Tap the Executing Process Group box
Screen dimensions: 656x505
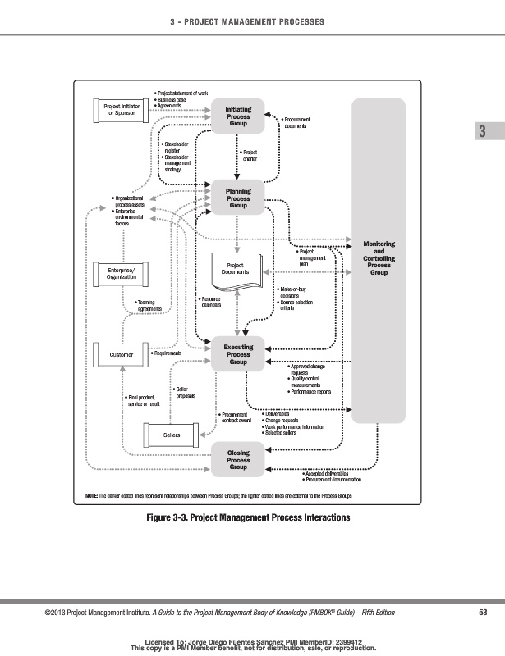[238, 353]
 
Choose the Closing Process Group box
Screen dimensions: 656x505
[238, 459]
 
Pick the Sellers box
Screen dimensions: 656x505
[172, 433]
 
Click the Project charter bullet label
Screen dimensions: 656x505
[250, 156]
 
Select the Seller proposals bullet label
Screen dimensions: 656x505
[186, 393]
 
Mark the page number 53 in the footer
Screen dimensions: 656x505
[482, 612]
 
